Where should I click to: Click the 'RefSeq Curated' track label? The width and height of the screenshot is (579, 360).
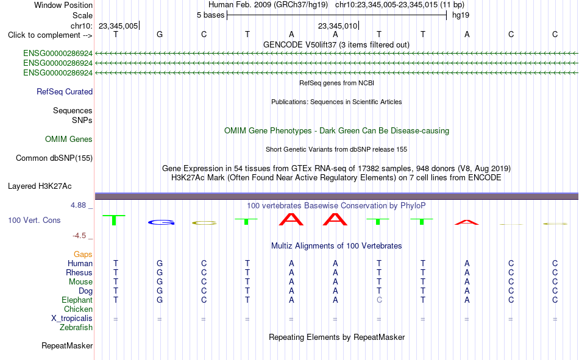[x=65, y=91]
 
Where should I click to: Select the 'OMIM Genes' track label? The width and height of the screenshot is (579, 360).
[x=69, y=139]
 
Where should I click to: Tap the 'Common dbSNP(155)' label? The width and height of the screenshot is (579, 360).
[x=54, y=158]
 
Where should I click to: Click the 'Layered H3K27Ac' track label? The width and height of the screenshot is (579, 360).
[x=40, y=186]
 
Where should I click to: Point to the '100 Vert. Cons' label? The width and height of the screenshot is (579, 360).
[x=34, y=220]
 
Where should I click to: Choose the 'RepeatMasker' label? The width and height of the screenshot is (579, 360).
[x=67, y=345]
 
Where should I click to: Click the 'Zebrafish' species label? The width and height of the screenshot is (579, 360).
[x=76, y=328]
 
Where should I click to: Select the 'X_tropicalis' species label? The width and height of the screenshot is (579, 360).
[x=72, y=319]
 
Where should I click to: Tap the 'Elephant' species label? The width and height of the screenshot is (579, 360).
[x=77, y=300]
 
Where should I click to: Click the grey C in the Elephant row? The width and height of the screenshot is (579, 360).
[x=379, y=300]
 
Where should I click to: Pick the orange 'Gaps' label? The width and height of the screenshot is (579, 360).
[x=83, y=255]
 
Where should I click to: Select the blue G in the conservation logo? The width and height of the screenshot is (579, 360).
[x=161, y=222]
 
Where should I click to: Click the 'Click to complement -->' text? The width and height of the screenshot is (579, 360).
[x=50, y=35]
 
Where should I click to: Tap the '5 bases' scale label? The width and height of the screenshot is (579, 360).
[x=210, y=15]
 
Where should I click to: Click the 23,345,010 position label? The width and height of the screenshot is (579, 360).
[x=338, y=26]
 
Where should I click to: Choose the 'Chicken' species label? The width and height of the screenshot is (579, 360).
[x=78, y=309]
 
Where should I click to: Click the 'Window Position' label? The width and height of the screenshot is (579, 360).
[x=63, y=5]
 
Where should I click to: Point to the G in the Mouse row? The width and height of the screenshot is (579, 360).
[x=160, y=281]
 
